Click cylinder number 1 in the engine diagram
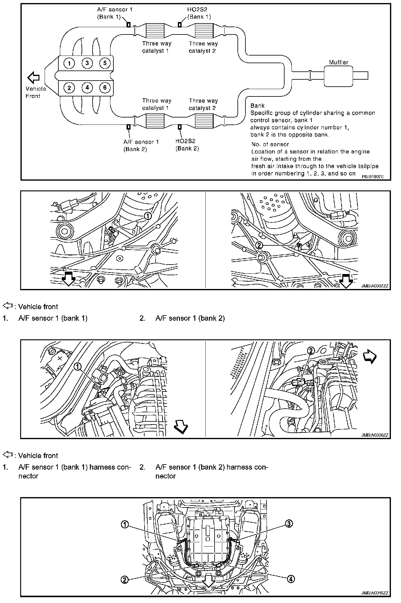click(69, 63)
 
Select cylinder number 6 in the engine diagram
click(105, 88)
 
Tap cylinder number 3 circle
click(87, 63)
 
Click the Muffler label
click(338, 62)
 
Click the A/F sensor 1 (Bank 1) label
click(115, 13)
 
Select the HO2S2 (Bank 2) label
click(187, 145)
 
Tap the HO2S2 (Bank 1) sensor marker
click(180, 25)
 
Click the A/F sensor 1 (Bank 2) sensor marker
click(128, 127)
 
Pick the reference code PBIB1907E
click(373, 176)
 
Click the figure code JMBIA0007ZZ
click(374, 286)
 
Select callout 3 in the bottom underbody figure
click(289, 524)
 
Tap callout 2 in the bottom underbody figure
click(124, 580)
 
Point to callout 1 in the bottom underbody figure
click(125, 525)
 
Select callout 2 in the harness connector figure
click(311, 351)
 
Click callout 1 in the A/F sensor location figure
click(148, 216)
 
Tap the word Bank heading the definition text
click(257, 106)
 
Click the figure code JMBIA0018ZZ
click(374, 593)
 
